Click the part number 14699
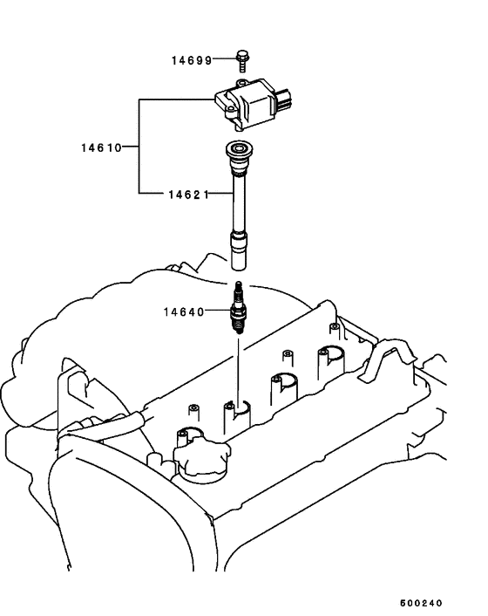click(x=191, y=60)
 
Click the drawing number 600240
click(x=422, y=603)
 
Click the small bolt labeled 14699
click(x=242, y=59)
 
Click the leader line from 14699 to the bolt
click(x=222, y=60)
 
